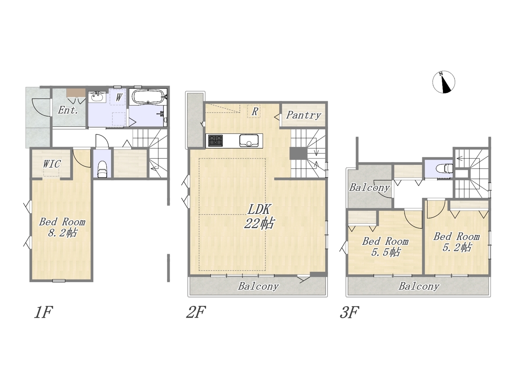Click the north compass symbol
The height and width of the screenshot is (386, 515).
click(x=444, y=82)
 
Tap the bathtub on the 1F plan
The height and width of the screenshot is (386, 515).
click(x=148, y=96)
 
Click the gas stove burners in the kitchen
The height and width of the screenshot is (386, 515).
click(x=215, y=140)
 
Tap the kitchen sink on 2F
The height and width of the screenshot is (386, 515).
click(x=249, y=141)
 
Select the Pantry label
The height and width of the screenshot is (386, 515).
click(x=303, y=115)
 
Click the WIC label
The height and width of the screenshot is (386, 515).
click(x=51, y=164)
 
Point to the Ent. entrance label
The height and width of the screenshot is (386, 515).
click(x=68, y=110)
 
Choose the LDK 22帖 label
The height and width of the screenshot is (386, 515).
click(x=259, y=216)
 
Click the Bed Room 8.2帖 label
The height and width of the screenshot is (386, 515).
click(x=62, y=227)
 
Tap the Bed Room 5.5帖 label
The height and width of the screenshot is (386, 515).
click(x=385, y=246)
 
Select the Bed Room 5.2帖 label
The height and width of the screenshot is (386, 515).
click(x=456, y=242)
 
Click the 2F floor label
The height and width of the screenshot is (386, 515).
click(x=196, y=312)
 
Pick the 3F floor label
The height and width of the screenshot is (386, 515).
click(x=349, y=312)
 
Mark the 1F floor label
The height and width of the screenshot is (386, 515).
click(x=43, y=312)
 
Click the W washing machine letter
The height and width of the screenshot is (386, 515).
click(x=119, y=97)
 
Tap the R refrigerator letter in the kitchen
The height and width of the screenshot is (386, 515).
click(x=255, y=111)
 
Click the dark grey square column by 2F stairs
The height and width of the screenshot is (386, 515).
click(x=298, y=154)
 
